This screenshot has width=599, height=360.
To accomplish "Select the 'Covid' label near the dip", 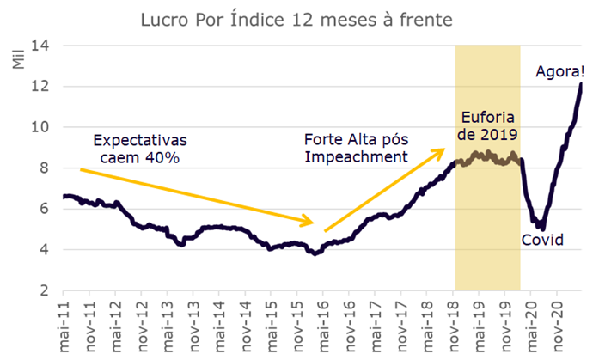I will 542,240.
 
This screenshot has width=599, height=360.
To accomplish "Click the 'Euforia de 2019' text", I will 487,125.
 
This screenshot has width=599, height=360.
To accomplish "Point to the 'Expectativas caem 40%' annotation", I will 139,148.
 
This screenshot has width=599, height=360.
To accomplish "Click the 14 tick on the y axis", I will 41,45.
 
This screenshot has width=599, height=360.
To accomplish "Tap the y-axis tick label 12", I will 41,86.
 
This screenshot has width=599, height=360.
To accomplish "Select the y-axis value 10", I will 41,127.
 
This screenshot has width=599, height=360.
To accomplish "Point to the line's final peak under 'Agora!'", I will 581,84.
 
